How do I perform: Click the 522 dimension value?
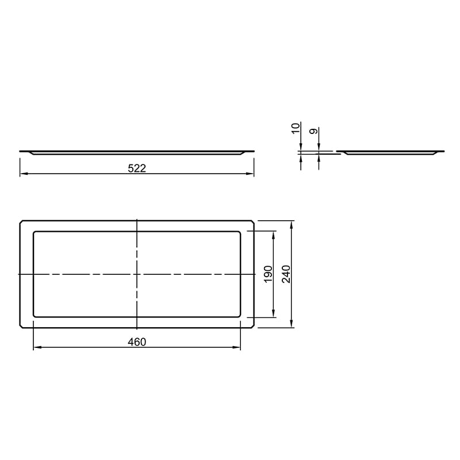click(137, 168)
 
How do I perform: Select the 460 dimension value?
click(137, 342)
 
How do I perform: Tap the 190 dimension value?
click(269, 274)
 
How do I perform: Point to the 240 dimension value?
click(286, 274)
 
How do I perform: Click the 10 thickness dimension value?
click(296, 128)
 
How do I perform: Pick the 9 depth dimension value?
click(313, 131)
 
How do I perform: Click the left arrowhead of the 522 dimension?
click(24, 174)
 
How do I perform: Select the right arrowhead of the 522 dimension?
click(250, 174)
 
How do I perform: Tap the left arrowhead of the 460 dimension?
click(37, 347)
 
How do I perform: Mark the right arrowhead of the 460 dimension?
click(236, 347)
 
